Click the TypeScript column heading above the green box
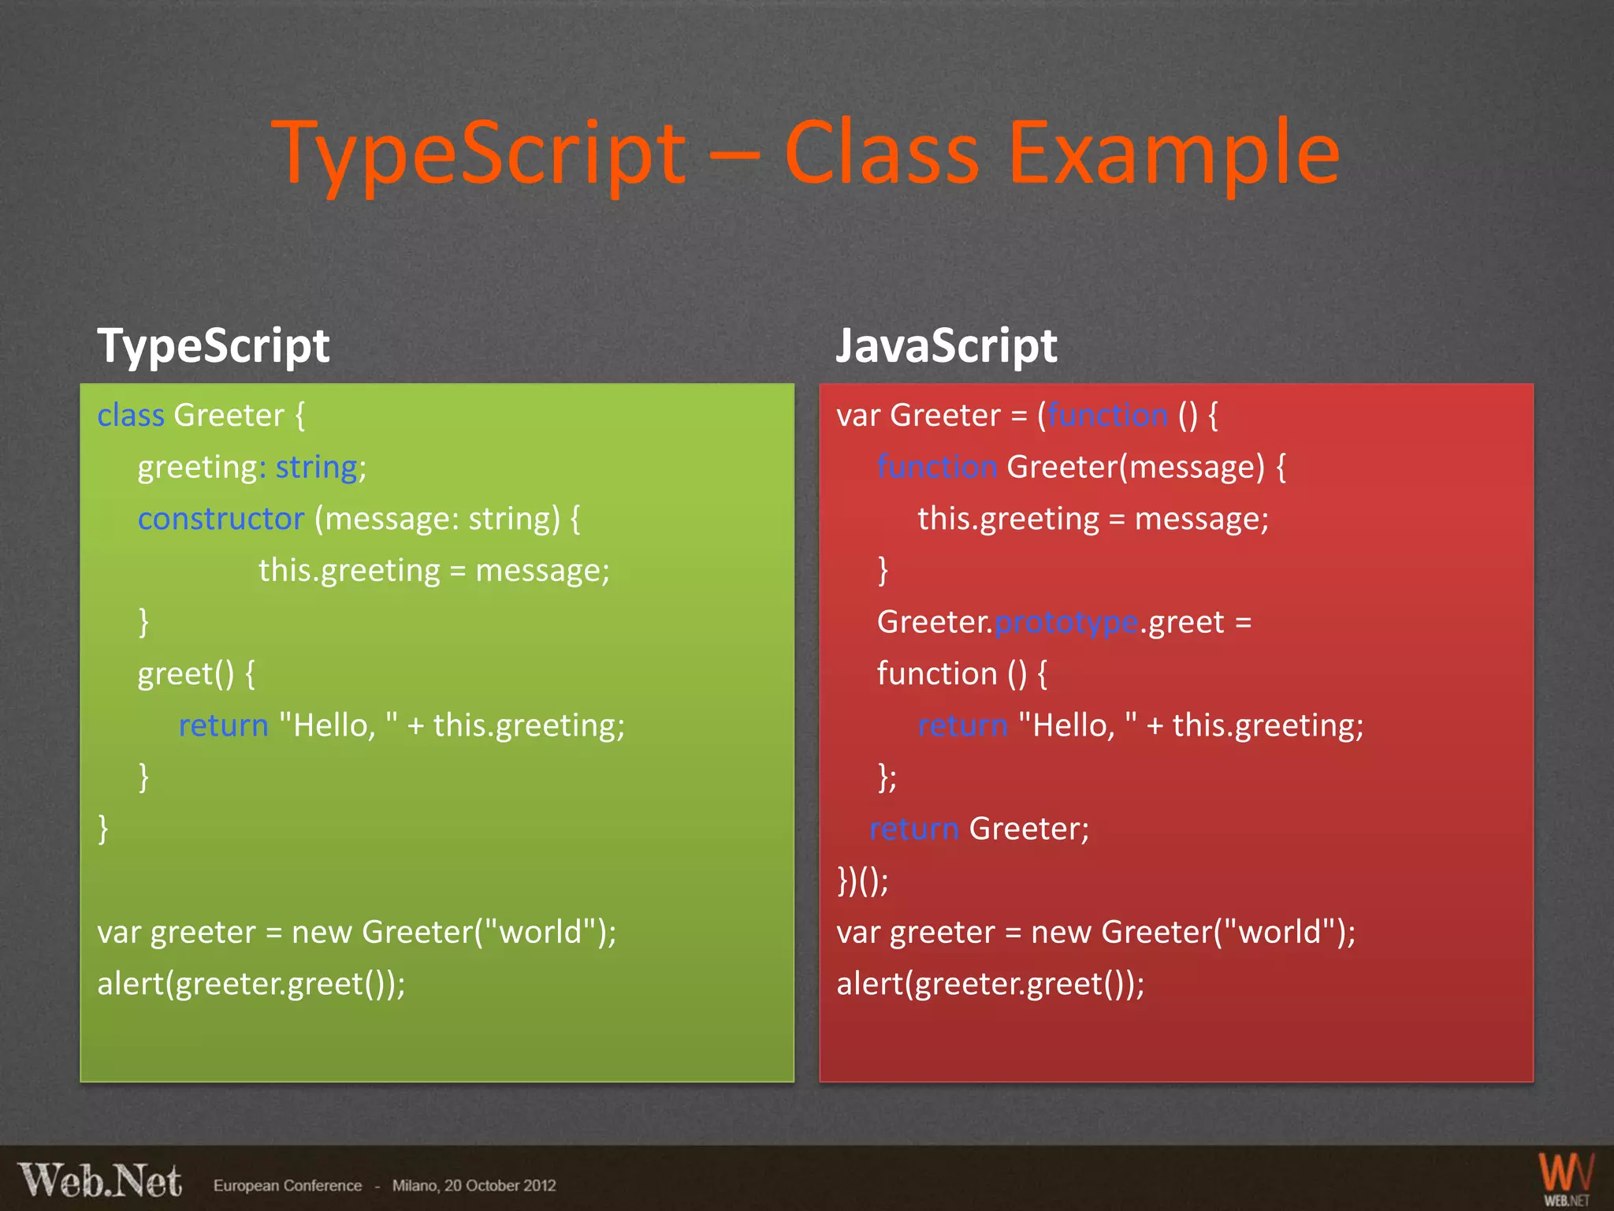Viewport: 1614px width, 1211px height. point(213,346)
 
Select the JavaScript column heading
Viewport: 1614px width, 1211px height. point(946,346)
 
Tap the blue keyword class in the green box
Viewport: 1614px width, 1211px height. point(130,415)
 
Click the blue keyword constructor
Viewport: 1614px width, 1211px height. point(221,519)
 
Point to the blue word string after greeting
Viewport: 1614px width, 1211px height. point(316,468)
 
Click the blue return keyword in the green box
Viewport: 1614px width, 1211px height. point(223,725)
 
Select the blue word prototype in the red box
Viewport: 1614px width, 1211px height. point(1066,623)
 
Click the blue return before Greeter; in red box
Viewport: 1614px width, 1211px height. point(914,829)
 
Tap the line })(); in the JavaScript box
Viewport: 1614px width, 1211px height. point(862,881)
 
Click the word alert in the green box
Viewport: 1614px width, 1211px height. point(131,984)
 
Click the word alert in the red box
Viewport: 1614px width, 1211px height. point(870,984)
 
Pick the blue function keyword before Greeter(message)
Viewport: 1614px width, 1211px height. point(937,468)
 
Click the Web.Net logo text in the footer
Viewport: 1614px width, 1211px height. point(100,1182)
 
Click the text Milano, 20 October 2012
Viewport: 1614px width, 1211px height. point(474,1186)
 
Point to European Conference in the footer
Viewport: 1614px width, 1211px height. point(288,1186)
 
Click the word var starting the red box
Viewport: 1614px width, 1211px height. point(857,415)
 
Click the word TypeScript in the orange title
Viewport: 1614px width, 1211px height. point(479,154)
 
